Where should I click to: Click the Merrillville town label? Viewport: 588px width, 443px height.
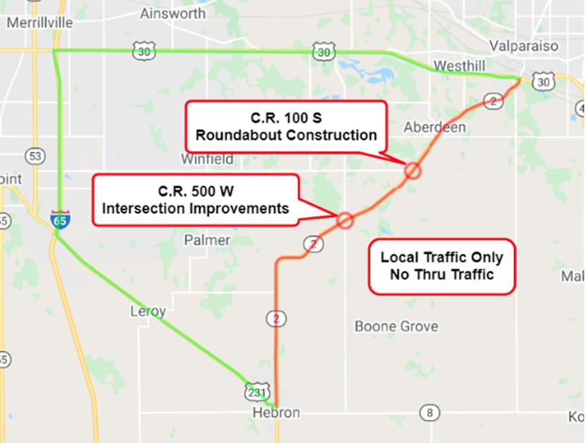pos(39,23)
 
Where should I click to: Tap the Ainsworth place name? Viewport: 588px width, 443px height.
pos(173,13)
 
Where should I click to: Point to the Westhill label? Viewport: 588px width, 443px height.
pos(459,65)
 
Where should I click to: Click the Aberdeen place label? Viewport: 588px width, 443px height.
pos(434,127)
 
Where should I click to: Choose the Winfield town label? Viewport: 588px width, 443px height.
pos(207,159)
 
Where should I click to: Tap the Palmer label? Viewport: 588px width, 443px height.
pos(207,240)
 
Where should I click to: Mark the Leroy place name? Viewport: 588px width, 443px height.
pos(148,311)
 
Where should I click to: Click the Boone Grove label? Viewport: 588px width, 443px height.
pos(396,326)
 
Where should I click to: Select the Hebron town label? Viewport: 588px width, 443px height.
pos(276,413)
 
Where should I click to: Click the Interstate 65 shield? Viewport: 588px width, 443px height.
pos(60,219)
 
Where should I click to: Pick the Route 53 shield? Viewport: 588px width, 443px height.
pos(33,155)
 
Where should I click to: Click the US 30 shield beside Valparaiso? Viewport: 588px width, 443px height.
pos(543,82)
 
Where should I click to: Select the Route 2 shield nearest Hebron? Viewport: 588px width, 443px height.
pos(276,319)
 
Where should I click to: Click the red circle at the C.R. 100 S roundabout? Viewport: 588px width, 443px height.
pos(413,170)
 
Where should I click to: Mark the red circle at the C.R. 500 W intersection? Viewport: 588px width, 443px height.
pos(344,220)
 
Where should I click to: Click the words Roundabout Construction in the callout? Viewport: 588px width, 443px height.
pos(286,134)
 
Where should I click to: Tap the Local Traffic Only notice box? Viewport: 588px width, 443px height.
pos(442,266)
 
